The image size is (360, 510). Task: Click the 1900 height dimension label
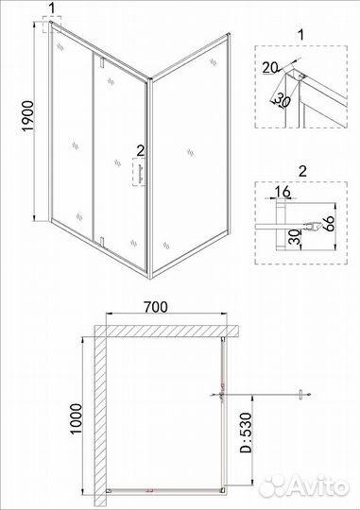tap(28, 116)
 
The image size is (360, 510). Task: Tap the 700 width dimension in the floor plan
tap(156, 307)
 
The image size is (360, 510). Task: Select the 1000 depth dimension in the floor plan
tap(76, 419)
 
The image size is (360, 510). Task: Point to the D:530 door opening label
tap(246, 433)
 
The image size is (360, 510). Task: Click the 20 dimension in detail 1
tap(270, 68)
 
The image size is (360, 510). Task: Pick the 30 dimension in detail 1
tap(283, 101)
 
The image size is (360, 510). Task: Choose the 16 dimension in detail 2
tap(283, 191)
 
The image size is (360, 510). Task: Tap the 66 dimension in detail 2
tap(330, 224)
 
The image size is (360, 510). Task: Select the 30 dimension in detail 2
tap(294, 238)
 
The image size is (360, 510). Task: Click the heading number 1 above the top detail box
tap(301, 35)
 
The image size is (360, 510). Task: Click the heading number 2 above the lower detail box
tap(302, 171)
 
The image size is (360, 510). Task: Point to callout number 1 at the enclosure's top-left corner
tap(52, 8)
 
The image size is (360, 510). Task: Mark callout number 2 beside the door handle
tap(141, 150)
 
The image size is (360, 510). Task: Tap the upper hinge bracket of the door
tap(102, 62)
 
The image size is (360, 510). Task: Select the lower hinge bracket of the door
tap(102, 242)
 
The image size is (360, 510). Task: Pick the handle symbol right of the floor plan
tap(301, 395)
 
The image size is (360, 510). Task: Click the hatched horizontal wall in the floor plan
tap(167, 331)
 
